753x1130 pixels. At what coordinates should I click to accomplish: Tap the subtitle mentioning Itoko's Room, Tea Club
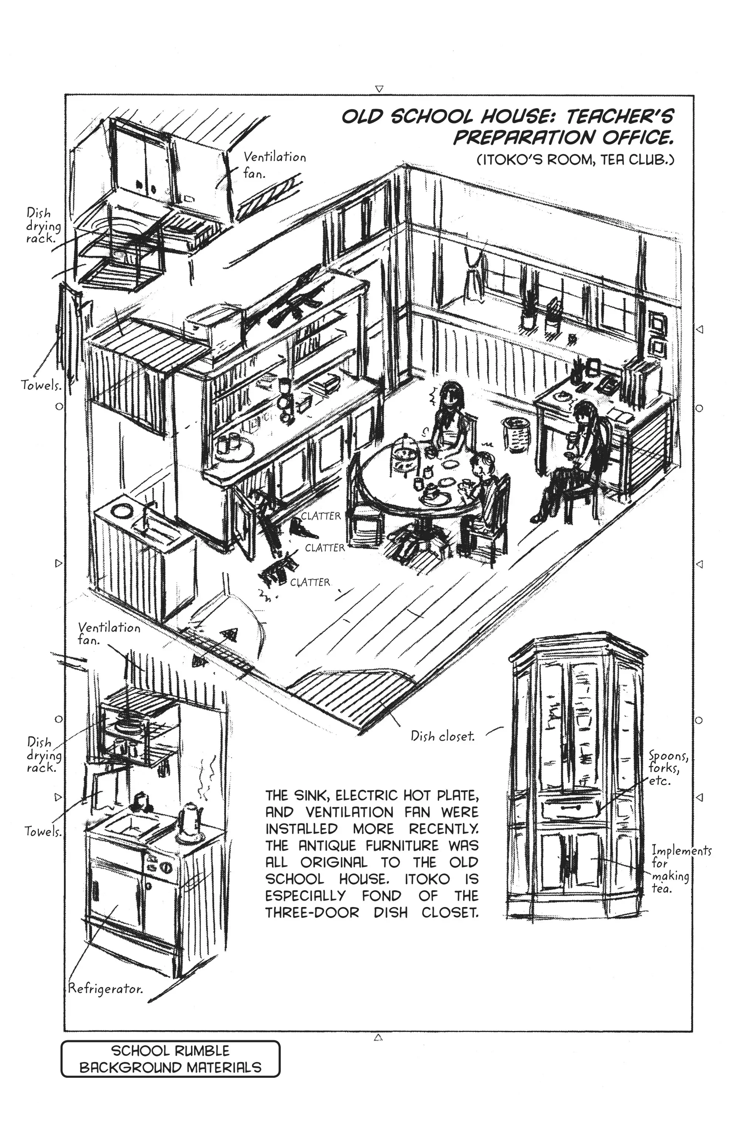[x=576, y=159]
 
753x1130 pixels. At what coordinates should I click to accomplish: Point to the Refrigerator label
[x=106, y=989]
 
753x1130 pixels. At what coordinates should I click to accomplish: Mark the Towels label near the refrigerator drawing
[x=43, y=831]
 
